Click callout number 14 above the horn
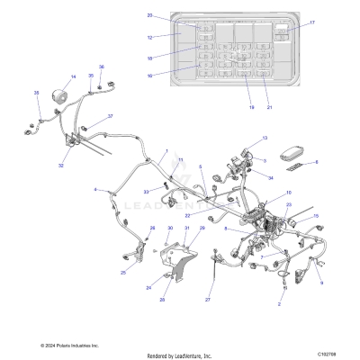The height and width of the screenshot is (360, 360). [73, 77]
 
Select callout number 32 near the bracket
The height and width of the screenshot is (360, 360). [61, 166]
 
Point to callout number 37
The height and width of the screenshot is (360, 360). [110, 117]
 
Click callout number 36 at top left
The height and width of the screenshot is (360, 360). [101, 67]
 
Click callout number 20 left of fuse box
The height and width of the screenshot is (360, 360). [150, 15]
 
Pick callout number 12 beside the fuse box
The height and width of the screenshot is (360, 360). [150, 37]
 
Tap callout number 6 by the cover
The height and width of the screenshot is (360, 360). [315, 162]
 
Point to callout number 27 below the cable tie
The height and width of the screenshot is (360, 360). [208, 299]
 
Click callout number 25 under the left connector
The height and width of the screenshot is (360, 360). [123, 272]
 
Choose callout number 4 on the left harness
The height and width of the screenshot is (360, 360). [95, 190]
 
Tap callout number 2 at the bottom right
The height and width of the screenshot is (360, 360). [279, 305]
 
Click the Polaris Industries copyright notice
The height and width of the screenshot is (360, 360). [69, 346]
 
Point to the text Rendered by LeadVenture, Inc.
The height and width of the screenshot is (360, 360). [179, 355]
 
